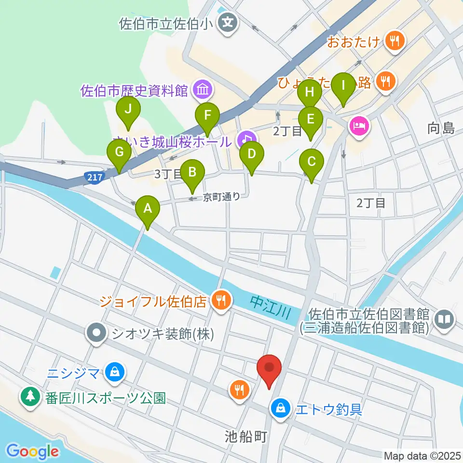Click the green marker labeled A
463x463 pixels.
point(148,209)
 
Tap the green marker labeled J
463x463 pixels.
point(128,109)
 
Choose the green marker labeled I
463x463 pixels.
point(343,86)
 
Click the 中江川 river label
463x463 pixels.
point(270,308)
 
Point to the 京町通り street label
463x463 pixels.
point(221,197)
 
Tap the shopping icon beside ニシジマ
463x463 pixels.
point(115,372)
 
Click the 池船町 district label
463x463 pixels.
point(245,437)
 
